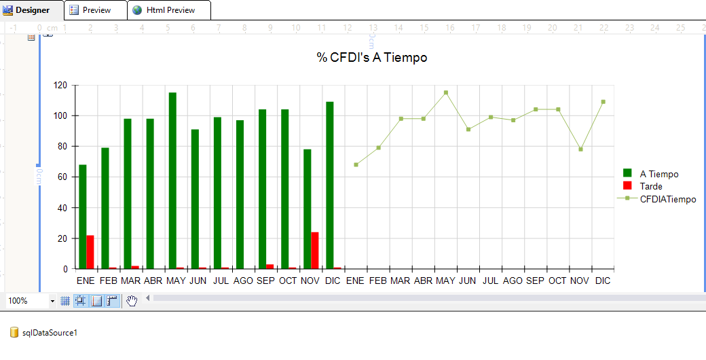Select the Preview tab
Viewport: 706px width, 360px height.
(96, 10)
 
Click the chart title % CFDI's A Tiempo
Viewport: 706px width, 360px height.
(372, 58)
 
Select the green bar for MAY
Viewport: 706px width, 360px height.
(172, 181)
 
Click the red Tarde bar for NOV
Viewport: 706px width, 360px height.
(315, 251)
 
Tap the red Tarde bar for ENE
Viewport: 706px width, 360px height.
(90, 252)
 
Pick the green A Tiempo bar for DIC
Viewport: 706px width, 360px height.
(330, 185)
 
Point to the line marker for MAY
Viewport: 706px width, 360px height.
(446, 92)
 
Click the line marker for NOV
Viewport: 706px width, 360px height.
(580, 149)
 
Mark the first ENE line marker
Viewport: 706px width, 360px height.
(356, 164)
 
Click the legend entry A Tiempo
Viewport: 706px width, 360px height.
(658, 174)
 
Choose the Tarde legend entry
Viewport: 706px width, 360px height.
(650, 186)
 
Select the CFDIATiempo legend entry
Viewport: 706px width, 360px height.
(667, 199)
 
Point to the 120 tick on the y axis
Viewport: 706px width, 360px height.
(61, 86)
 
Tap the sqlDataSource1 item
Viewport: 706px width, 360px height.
(50, 333)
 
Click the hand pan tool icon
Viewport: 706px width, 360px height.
(132, 301)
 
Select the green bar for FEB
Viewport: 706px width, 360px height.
(105, 208)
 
